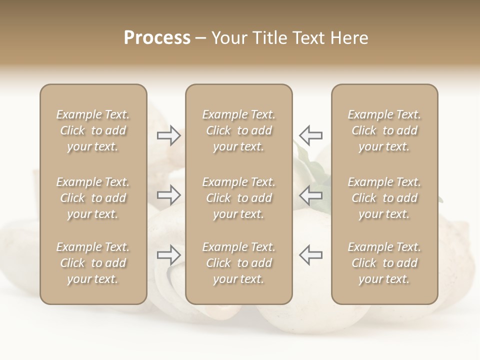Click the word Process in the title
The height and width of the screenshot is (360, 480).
coord(157,38)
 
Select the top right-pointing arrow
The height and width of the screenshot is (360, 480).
coord(168,135)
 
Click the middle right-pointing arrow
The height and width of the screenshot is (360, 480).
coord(168,194)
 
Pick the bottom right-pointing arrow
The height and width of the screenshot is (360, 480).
coord(168,255)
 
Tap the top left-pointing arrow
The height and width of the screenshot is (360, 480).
coord(311,135)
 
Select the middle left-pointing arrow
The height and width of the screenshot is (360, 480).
coord(311,194)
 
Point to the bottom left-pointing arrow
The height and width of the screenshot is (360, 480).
coord(311,255)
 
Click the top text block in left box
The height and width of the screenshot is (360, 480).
coord(93,130)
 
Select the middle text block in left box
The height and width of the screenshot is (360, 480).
coord(93,198)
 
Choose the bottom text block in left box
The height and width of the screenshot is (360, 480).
coord(93,263)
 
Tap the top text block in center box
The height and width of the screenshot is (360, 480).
coord(238,130)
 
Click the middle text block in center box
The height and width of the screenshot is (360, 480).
coord(238,198)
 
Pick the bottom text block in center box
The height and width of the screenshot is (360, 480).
coord(238,263)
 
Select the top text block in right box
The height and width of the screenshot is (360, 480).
coord(384,130)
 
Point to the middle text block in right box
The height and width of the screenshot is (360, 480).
coord(384,198)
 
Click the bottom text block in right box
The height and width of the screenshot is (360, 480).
coord(384,263)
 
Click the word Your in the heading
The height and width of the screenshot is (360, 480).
coord(229,38)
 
